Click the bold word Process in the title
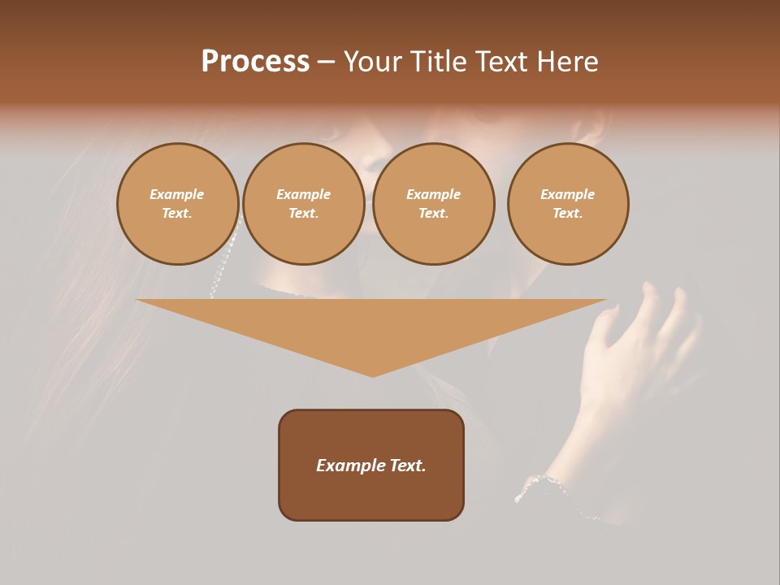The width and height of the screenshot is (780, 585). pyautogui.click(x=255, y=62)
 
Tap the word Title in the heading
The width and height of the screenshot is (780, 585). pyautogui.click(x=439, y=62)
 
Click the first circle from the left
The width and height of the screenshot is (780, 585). pyautogui.click(x=178, y=204)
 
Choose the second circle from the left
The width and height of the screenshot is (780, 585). pyautogui.click(x=304, y=204)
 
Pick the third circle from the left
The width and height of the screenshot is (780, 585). pyautogui.click(x=434, y=204)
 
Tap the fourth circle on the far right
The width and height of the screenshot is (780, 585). pyautogui.click(x=568, y=204)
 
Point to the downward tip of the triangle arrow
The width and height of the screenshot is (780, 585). pyautogui.click(x=372, y=374)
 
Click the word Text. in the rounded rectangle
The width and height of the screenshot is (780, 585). pyautogui.click(x=406, y=466)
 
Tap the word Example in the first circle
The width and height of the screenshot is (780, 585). pyautogui.click(x=177, y=194)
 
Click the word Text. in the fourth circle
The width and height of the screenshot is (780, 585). pyautogui.click(x=568, y=214)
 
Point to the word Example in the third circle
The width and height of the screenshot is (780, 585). pyautogui.click(x=434, y=194)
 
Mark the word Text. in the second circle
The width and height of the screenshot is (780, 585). pyautogui.click(x=304, y=214)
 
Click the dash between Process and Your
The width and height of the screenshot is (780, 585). pyautogui.click(x=326, y=62)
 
